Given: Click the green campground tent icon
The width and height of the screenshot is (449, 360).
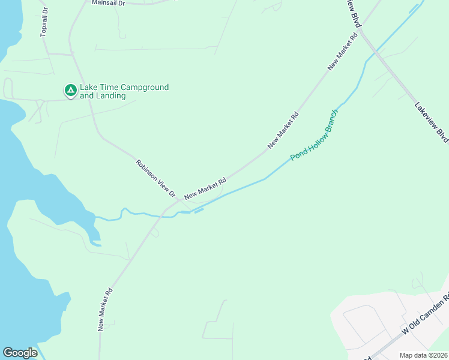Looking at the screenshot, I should click(70, 91).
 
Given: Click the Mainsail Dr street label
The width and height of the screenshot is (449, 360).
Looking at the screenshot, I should click(107, 3).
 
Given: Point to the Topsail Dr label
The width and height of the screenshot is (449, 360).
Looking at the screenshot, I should click(44, 23).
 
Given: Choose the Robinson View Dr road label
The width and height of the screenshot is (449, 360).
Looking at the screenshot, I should click(155, 178).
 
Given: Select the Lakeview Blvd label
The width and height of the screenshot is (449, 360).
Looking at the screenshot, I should click(431, 122).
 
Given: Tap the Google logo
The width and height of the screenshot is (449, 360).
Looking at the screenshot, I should click(20, 352).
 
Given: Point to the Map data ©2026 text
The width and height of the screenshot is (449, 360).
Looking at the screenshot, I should click(423, 355).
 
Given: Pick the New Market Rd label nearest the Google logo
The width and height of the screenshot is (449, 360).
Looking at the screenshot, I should click(106, 310).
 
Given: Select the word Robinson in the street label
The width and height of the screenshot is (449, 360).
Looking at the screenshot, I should click(146, 169).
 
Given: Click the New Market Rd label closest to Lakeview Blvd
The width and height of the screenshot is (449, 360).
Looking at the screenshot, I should click(343, 53).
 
